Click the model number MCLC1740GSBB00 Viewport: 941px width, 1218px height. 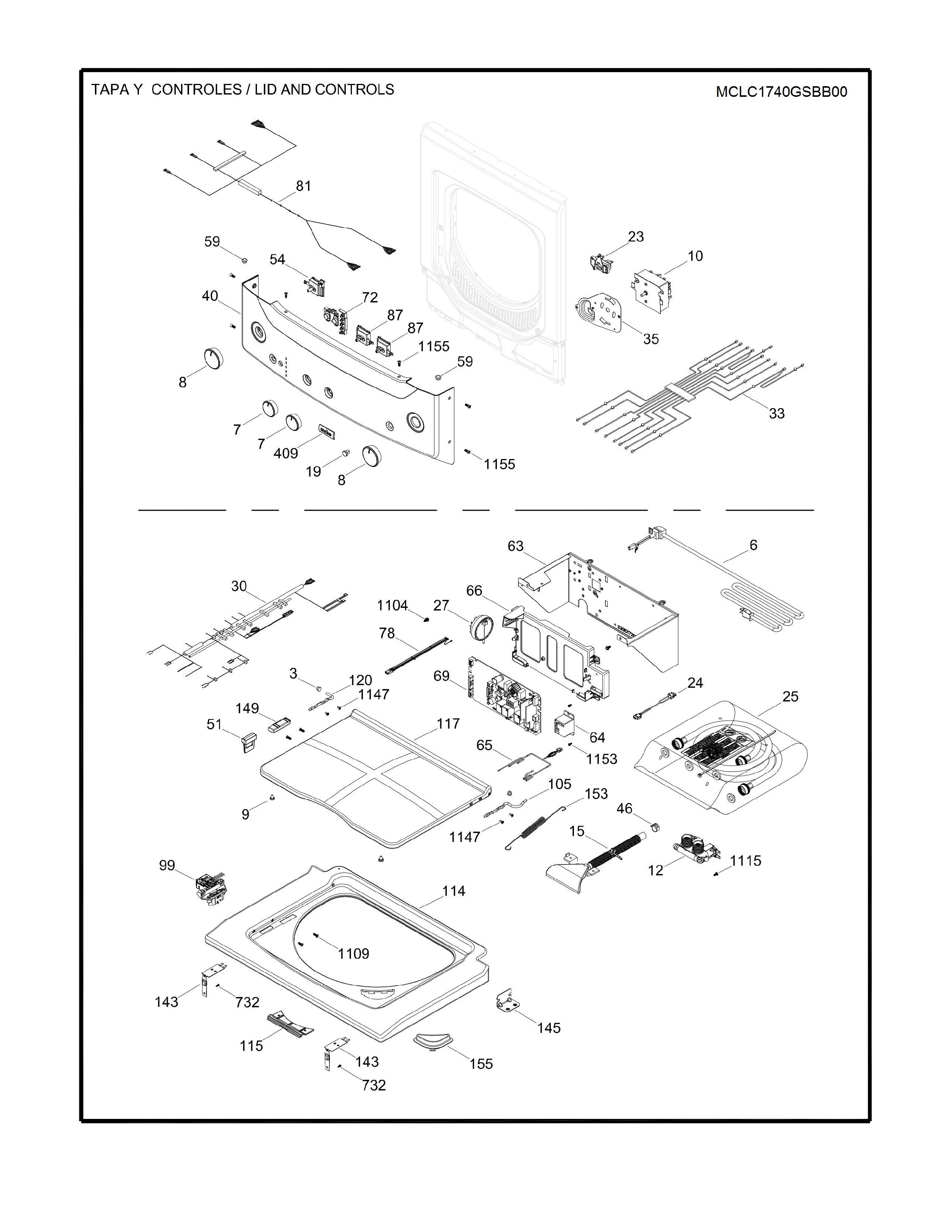click(781, 92)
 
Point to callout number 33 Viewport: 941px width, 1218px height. click(777, 413)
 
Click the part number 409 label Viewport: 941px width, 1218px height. click(285, 453)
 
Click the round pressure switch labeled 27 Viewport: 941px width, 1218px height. click(481, 628)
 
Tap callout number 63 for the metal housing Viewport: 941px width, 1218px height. click(515, 546)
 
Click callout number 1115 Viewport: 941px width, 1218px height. click(746, 860)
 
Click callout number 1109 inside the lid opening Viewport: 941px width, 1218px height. click(353, 954)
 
